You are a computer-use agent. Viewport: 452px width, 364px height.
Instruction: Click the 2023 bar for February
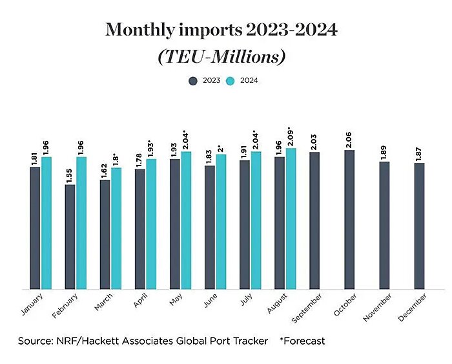[70, 237]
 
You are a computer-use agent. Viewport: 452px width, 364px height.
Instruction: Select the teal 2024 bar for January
[46, 222]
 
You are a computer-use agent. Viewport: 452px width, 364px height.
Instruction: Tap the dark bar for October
[350, 219]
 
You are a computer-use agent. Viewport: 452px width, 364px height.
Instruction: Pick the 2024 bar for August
[291, 219]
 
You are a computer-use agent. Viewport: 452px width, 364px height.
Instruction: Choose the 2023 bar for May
[175, 224]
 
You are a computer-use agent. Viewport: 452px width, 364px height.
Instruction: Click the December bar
[420, 226]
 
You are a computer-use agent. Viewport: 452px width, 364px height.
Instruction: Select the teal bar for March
[116, 228]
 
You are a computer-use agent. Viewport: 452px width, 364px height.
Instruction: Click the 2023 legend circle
[193, 81]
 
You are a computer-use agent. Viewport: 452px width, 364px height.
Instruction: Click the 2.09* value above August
[291, 136]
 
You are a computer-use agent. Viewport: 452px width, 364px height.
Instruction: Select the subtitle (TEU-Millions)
[221, 56]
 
